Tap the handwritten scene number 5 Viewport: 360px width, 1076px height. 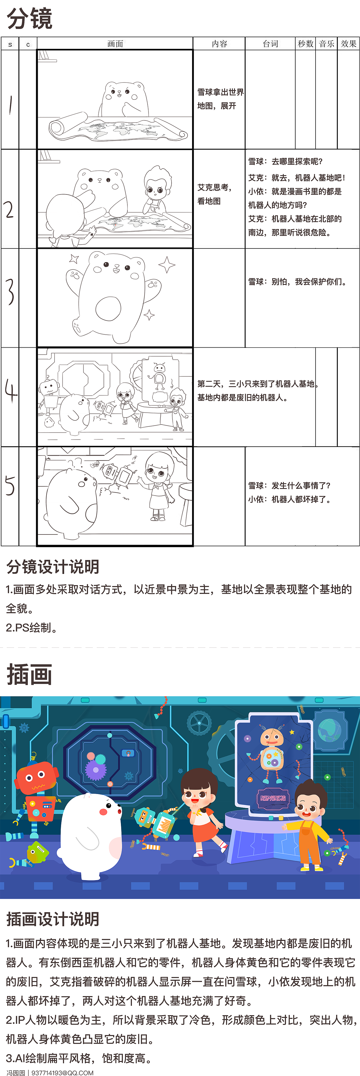10,486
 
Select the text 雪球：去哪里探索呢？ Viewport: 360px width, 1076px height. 285,162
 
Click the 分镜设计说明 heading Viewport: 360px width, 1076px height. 53,567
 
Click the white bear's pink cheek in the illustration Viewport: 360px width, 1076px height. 103,812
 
